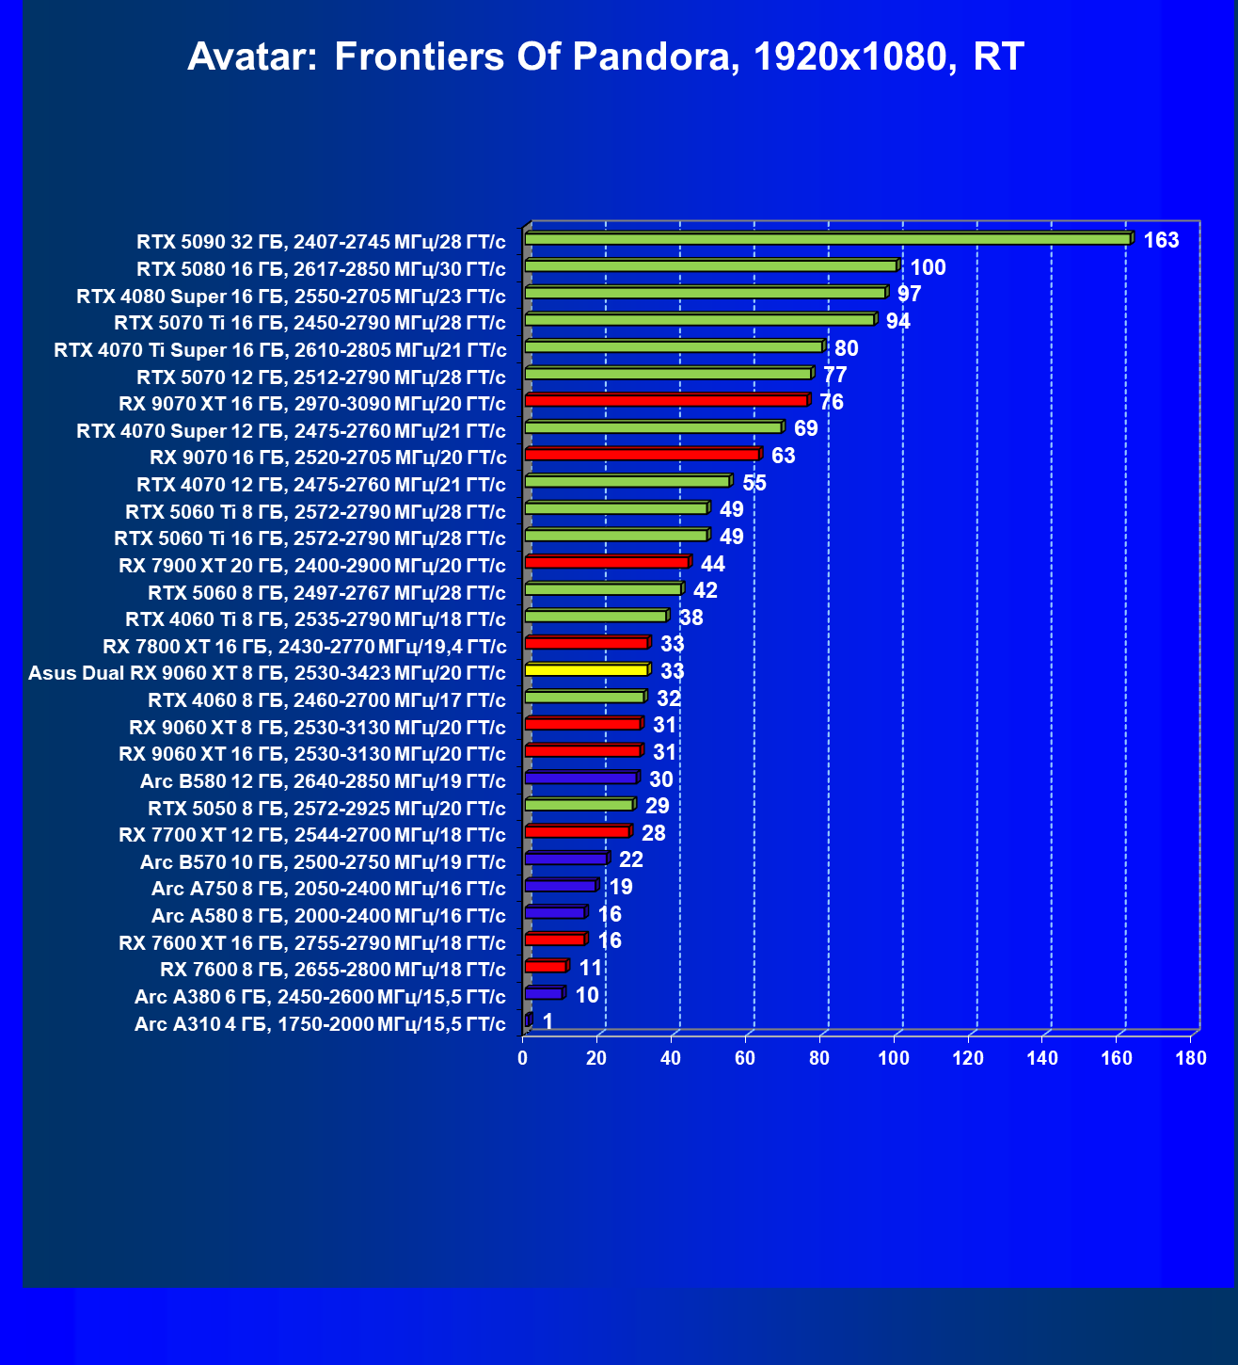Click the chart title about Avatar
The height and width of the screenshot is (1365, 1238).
(x=606, y=56)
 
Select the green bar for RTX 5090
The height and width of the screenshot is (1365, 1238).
(x=829, y=238)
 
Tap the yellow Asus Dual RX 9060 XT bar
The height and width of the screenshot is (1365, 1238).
(x=588, y=669)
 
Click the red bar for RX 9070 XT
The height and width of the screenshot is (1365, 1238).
(x=667, y=400)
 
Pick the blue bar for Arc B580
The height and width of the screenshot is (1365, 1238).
(x=582, y=777)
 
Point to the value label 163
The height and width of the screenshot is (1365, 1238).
(x=1161, y=240)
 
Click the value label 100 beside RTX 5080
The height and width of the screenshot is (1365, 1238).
(x=928, y=267)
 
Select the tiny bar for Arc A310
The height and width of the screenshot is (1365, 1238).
(x=529, y=1020)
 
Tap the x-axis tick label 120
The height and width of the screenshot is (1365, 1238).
(x=968, y=1058)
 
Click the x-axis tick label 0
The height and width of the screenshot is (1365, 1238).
(x=522, y=1058)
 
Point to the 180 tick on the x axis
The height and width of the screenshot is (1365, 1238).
(x=1191, y=1058)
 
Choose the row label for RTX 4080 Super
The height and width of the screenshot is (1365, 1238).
(x=291, y=297)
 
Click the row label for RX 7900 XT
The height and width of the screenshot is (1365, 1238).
(x=312, y=566)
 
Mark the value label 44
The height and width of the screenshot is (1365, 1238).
(x=713, y=564)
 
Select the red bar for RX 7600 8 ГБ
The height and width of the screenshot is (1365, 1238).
(x=547, y=966)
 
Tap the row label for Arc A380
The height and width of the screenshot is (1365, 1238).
(x=320, y=997)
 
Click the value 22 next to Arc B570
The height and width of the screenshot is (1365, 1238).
(x=630, y=860)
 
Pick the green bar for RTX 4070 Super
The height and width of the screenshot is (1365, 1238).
(x=655, y=426)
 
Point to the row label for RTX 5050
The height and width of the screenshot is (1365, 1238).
(x=326, y=809)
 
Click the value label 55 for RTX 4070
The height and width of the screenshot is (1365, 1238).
(x=754, y=483)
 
